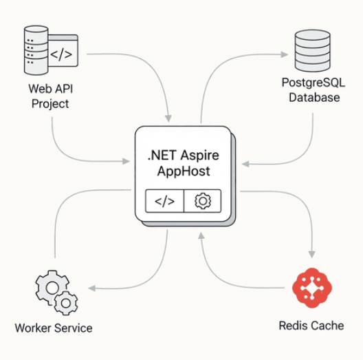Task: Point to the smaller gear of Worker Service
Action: [x=66, y=302]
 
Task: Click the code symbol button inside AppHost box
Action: [x=165, y=201]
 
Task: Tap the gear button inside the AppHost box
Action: [x=203, y=201]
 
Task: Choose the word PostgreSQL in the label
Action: [x=311, y=83]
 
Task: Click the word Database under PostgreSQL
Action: [x=313, y=98]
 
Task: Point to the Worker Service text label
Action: [x=53, y=327]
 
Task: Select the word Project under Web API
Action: [x=49, y=104]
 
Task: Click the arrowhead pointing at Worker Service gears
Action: [x=94, y=289]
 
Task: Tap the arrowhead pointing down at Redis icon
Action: [x=313, y=253]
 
